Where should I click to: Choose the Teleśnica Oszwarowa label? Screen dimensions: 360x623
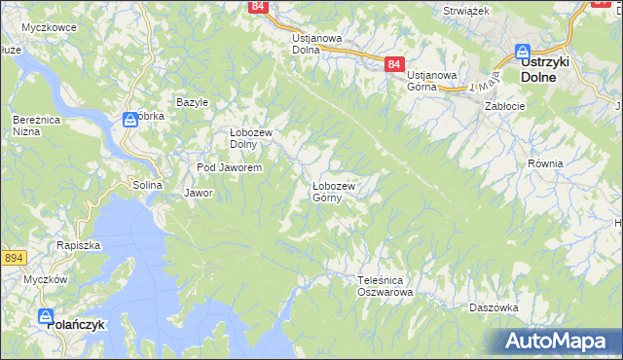click(x=385, y=285)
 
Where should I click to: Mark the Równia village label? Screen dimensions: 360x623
click(x=545, y=163)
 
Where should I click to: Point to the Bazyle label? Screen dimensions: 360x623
click(x=192, y=102)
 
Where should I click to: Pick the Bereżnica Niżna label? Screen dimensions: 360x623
click(x=32, y=125)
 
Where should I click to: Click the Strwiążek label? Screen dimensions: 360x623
click(x=465, y=10)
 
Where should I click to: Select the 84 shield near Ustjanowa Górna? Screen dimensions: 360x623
click(x=393, y=64)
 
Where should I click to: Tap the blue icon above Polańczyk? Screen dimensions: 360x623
click(x=46, y=315)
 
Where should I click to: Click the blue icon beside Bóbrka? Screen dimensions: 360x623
click(x=130, y=120)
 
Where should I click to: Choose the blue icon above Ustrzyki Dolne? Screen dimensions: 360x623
click(x=522, y=52)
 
